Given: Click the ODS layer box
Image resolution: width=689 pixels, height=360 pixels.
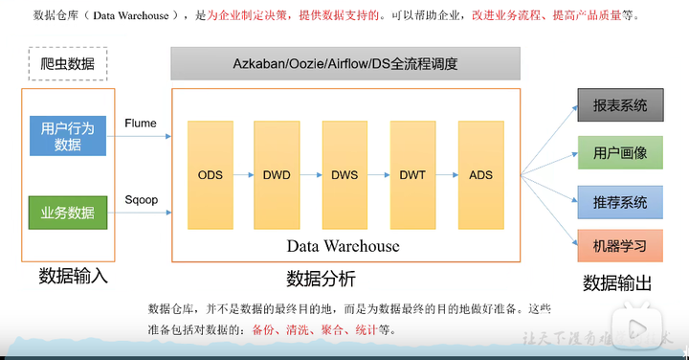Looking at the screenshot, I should [211, 174].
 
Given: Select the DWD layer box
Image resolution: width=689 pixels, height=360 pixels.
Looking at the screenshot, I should [278, 174].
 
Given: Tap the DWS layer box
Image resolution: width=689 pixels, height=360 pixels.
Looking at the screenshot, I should [344, 174].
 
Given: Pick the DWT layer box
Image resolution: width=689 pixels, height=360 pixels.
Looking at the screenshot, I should [412, 174].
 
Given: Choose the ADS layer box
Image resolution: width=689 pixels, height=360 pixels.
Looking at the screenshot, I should [480, 174].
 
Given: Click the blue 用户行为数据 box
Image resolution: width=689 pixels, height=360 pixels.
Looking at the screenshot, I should [68, 136].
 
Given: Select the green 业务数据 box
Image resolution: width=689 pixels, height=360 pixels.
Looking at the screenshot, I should [68, 213].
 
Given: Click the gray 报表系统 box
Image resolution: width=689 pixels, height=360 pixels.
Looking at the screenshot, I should [620, 105].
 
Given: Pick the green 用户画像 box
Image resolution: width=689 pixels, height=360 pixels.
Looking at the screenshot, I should [620, 152].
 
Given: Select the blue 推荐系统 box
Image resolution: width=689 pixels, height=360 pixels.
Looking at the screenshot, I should [620, 202].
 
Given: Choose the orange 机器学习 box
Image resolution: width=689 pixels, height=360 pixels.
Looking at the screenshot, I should [620, 246].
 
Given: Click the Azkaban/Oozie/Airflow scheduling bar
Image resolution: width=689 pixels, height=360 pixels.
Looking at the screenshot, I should [345, 64].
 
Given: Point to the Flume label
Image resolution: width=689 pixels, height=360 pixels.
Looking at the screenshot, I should [141, 124].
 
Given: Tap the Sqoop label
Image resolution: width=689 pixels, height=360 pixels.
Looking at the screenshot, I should [141, 199].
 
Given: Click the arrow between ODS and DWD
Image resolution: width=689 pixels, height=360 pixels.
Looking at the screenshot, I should [244, 175].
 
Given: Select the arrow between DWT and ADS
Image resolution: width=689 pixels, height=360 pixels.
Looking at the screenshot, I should [447, 175].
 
